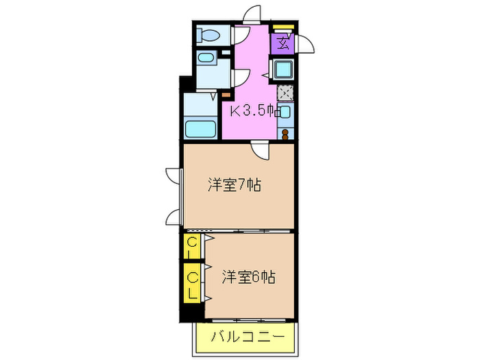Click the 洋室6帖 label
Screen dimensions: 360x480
tap(248, 277)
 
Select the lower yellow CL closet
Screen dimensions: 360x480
tap(192, 284)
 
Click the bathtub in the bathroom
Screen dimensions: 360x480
tap(201, 128)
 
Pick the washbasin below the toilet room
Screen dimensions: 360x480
tap(205, 60)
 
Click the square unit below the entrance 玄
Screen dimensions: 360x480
tap(283, 69)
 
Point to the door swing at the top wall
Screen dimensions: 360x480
tap(254, 14)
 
